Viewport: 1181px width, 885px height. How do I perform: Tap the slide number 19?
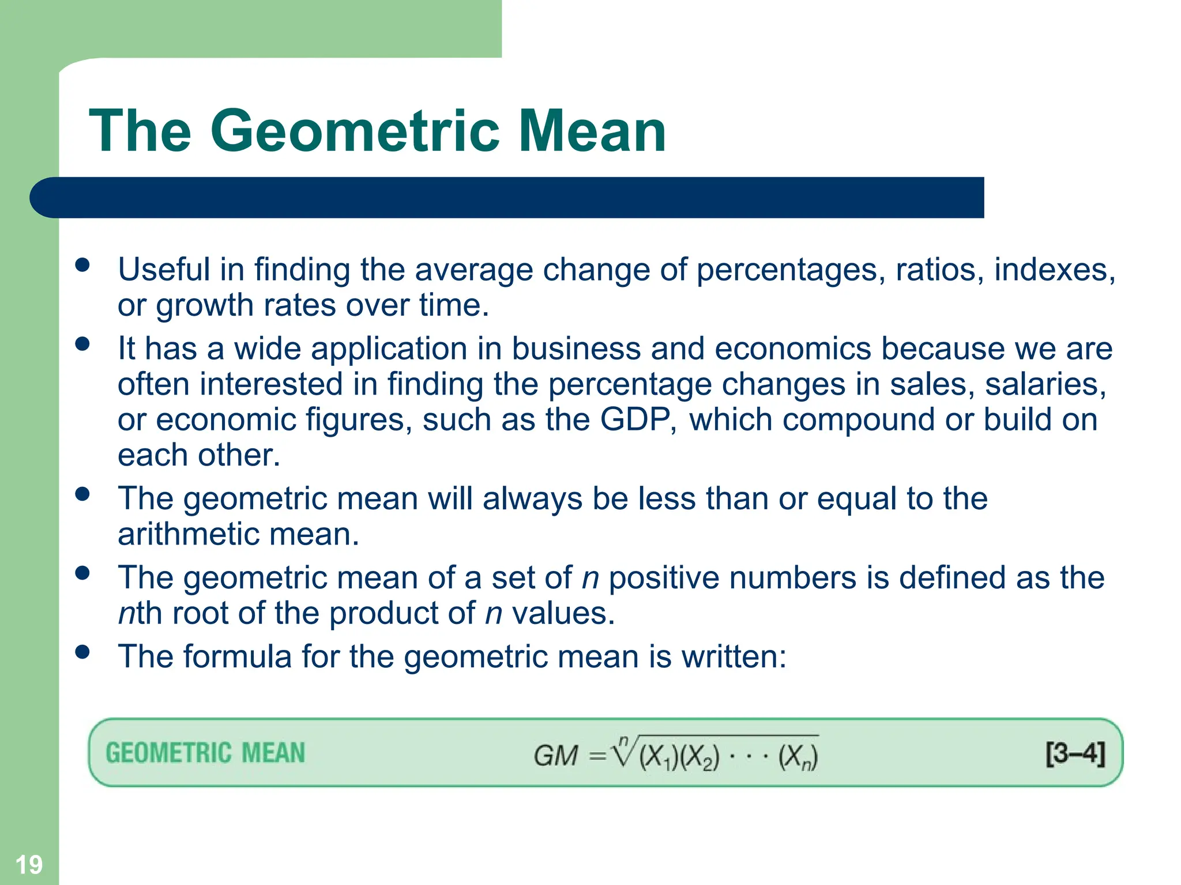click(28, 865)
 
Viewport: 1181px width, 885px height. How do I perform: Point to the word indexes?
click(1054, 270)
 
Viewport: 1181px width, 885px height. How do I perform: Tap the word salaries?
click(1045, 384)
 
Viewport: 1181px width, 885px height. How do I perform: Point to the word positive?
click(664, 577)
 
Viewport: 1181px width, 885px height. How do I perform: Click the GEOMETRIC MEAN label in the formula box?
click(205, 753)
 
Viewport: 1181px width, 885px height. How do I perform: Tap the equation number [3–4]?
click(1075, 753)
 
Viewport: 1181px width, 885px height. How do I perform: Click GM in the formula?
click(555, 755)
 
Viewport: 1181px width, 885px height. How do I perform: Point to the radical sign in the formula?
click(623, 751)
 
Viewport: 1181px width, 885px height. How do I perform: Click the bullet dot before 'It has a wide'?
click(82, 344)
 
